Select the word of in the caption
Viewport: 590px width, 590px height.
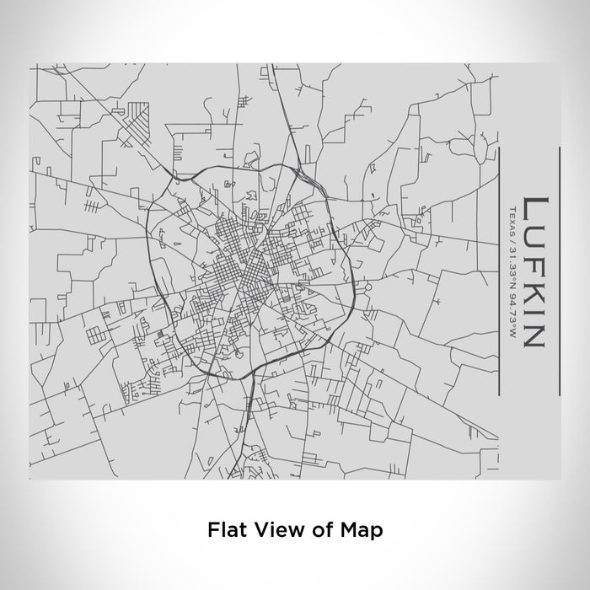[x=319, y=530]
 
